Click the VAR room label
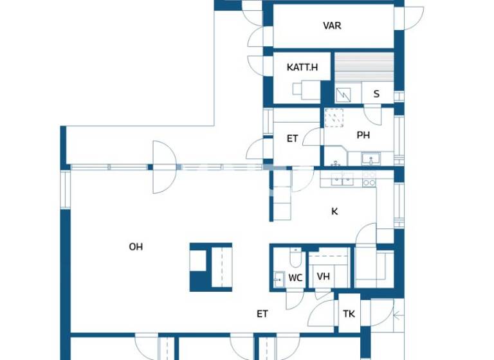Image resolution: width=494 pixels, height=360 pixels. pos(332,26)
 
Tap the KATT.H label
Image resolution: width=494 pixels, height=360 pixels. pos(302,67)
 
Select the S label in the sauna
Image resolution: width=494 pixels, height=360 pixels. pos(376,94)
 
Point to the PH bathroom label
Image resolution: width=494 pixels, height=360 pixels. pos(363,135)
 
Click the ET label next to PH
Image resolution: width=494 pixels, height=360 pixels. pos(293,138)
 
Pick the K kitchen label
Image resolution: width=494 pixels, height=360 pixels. pos(334,211)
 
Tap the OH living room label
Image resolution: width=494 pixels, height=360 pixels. pos(135,246)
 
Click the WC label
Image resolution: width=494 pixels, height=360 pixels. pos(295,278)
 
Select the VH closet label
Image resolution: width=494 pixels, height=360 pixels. pos(324,277)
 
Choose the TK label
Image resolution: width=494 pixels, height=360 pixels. pos(349,314)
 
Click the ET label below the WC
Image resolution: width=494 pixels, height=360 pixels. pos(262,314)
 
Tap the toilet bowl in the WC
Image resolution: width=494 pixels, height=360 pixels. pos(295,258)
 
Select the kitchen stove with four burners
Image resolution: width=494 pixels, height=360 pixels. pos(369,178)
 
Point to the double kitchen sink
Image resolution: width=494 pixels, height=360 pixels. pos(341,179)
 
